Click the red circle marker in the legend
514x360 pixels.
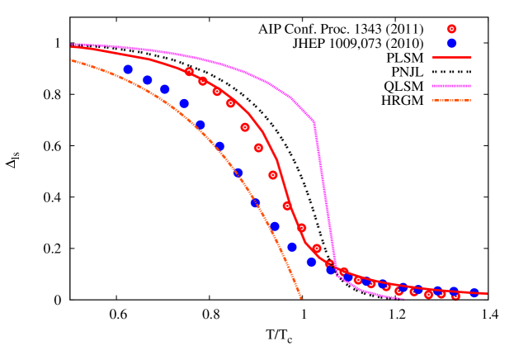click(451, 29)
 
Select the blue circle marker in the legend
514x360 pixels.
click(451, 43)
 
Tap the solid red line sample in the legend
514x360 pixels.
click(451, 58)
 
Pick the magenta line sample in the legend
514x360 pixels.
click(451, 86)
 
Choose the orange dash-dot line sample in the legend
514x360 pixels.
click(451, 101)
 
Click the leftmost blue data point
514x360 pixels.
click(128, 69)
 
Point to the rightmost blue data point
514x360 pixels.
click(474, 293)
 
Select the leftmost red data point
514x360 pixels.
click(189, 72)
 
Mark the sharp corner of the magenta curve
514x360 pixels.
click(314, 123)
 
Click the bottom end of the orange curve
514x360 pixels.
click(302, 298)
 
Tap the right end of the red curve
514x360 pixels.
click(488, 293)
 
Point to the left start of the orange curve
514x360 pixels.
click(72, 60)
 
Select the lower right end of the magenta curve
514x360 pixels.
click(403, 299)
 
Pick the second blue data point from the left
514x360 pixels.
click(148, 80)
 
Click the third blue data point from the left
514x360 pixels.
click(165, 89)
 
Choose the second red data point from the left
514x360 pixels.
click(203, 81)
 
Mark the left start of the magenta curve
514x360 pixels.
click(73, 45)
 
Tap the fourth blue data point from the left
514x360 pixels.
click(184, 104)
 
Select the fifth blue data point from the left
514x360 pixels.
click(200, 125)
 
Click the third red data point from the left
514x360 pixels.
click(217, 92)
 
